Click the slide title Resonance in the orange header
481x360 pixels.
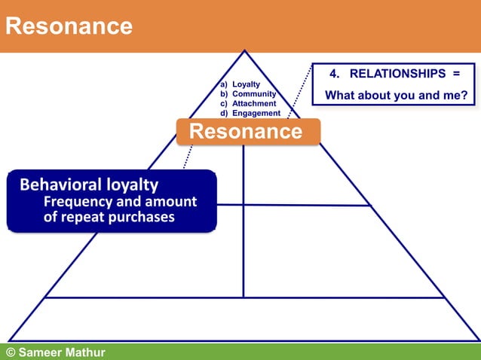pos(69,26)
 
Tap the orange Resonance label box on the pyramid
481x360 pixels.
pos(246,132)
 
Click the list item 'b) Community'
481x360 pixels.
pos(248,93)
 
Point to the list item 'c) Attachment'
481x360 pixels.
pos(248,103)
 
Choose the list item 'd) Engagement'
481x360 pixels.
pos(250,113)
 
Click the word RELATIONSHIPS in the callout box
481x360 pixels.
pos(397,74)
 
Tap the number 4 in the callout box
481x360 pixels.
pos(334,74)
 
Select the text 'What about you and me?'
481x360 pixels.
pos(396,96)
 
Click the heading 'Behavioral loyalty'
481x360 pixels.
pos(89,185)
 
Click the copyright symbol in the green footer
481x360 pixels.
pos(11,352)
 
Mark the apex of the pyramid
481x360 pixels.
pos(244,51)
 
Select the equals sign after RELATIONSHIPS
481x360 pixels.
pos(456,74)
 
